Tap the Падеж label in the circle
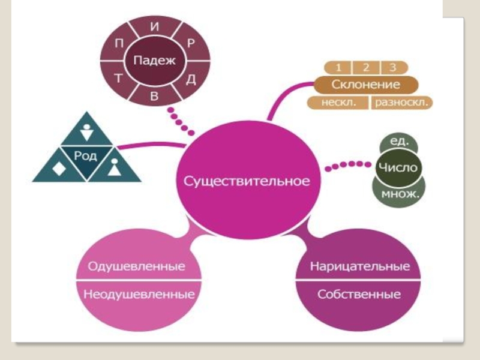[154, 60]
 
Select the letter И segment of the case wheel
[155, 27]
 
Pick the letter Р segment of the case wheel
[191, 43]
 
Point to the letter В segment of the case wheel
[154, 96]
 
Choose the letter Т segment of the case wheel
[119, 79]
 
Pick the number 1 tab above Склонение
[339, 67]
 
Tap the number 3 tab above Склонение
[393, 67]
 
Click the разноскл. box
[401, 103]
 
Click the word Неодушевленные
[139, 295]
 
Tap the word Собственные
[359, 295]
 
